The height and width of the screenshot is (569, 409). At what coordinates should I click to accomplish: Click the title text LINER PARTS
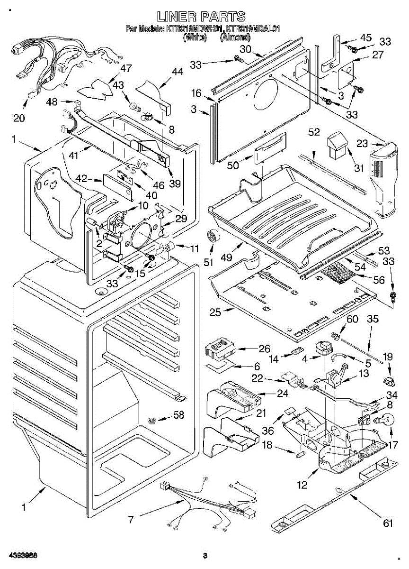pos(202,17)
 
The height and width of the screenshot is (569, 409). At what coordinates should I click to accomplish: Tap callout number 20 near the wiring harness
pos(19,118)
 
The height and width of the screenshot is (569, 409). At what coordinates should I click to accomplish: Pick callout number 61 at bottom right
pos(388,523)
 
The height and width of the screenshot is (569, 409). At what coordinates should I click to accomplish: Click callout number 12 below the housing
pos(302,485)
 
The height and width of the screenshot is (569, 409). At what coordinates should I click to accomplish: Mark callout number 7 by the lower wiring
pos(130,519)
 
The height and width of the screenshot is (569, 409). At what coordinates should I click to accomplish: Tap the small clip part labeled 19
pos(389,381)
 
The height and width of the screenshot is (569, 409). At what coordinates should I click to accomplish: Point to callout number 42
pos(81,179)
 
